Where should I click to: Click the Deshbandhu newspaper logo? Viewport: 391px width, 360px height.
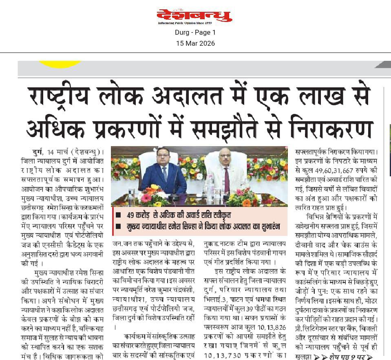coord(195,16)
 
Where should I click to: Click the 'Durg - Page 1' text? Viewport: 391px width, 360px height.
coord(195,32)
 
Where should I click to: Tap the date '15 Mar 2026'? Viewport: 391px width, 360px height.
coord(195,43)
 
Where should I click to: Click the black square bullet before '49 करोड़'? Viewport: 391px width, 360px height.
coord(118,215)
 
